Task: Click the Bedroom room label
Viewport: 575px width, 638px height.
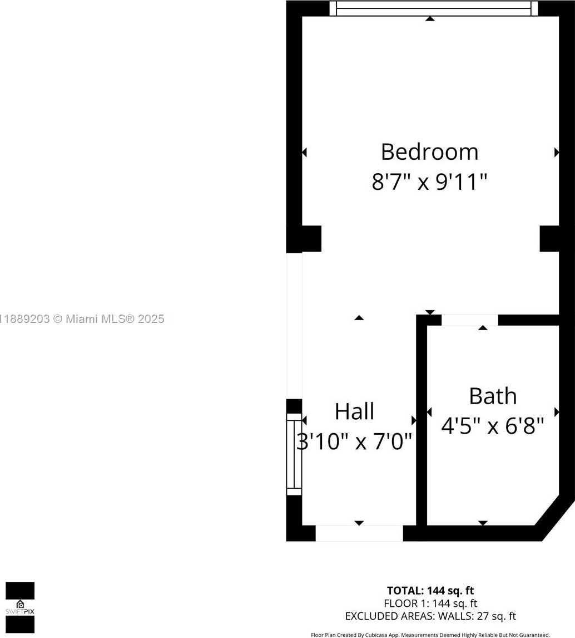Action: pyautogui.click(x=429, y=152)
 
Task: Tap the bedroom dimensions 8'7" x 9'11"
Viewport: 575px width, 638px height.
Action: pyautogui.click(x=429, y=181)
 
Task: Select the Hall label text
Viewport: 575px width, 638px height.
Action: pyautogui.click(x=354, y=411)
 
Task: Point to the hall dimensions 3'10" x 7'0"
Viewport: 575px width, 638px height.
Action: pyautogui.click(x=354, y=441)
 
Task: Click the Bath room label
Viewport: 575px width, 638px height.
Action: pyautogui.click(x=493, y=396)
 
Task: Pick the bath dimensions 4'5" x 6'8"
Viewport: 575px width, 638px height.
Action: pyautogui.click(x=493, y=426)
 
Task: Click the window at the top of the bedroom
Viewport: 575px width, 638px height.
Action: pyautogui.click(x=433, y=8)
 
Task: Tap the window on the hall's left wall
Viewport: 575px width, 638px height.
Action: pyautogui.click(x=294, y=454)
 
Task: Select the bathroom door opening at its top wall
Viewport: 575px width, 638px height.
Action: pyautogui.click(x=470, y=320)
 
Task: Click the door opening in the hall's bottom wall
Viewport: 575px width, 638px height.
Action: pyautogui.click(x=359, y=533)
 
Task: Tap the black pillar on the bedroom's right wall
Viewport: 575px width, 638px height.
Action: pyautogui.click(x=549, y=239)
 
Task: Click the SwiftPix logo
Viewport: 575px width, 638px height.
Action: pyautogui.click(x=20, y=607)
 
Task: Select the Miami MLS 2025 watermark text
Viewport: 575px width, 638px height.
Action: pyautogui.click(x=82, y=319)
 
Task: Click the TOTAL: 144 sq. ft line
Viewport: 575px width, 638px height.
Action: pyautogui.click(x=430, y=590)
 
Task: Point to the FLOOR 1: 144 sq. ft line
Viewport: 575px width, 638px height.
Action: pyautogui.click(x=430, y=603)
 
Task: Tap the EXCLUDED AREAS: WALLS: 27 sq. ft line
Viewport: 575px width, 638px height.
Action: pyautogui.click(x=430, y=616)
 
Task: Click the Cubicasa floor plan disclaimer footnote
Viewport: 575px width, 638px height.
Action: pyautogui.click(x=430, y=635)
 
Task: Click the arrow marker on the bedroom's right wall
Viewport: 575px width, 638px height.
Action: pyautogui.click(x=557, y=153)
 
